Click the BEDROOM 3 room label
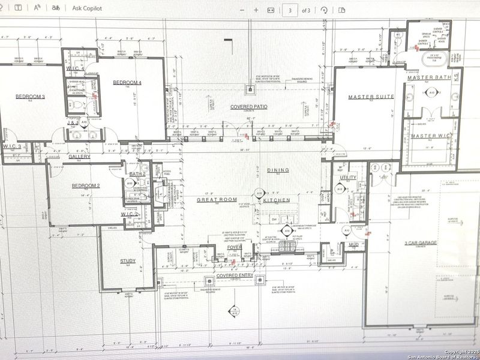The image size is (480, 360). coord(31,97)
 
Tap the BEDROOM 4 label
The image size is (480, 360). coord(127,82)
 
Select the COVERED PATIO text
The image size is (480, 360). coord(249,107)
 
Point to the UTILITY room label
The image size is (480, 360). coord(349,178)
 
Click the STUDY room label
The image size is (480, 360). coord(127,261)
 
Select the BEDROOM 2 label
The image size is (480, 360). coord(86,186)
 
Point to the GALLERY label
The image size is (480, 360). coord(79,156)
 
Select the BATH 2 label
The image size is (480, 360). coord(137,173)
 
